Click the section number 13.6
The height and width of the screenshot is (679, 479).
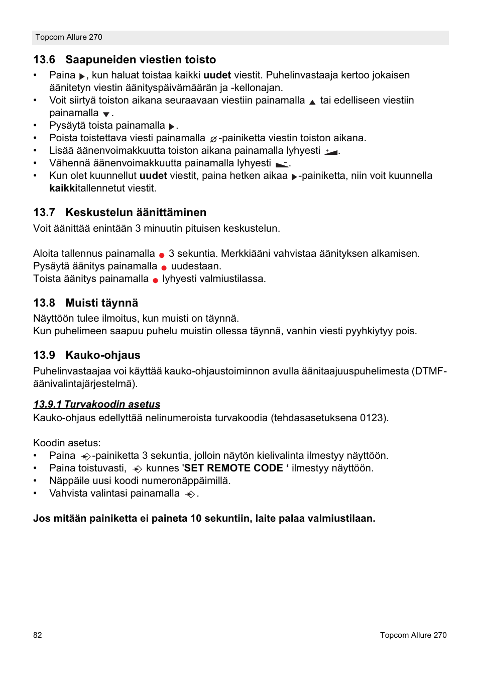pos(44,60)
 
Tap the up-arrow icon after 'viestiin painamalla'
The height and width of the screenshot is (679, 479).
pos(312,102)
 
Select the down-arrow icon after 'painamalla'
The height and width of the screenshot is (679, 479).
pos(106,115)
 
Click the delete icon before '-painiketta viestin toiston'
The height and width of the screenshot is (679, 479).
pos(213,139)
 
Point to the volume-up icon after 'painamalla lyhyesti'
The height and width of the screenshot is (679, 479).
pos(331,152)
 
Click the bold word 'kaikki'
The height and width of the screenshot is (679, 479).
pos(64,188)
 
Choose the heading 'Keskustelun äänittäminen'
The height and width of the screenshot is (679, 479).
pos(136,213)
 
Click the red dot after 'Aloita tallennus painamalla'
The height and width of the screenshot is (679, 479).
pos(162,255)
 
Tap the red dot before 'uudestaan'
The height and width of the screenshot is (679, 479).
pos(164,268)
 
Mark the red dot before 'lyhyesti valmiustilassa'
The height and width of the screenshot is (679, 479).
pos(156,280)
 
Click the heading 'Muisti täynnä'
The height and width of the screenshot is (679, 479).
pos(101,303)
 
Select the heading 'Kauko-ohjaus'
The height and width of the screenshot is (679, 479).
pos(103,355)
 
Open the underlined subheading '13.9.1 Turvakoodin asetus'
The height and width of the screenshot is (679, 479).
pos(97,404)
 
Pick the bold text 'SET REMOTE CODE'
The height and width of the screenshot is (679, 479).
pos(233,468)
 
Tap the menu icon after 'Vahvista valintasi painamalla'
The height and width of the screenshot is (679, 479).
pos(190,495)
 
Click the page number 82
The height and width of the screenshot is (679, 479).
pos(38,635)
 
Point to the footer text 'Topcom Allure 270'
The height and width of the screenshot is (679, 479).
pos(413,635)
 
